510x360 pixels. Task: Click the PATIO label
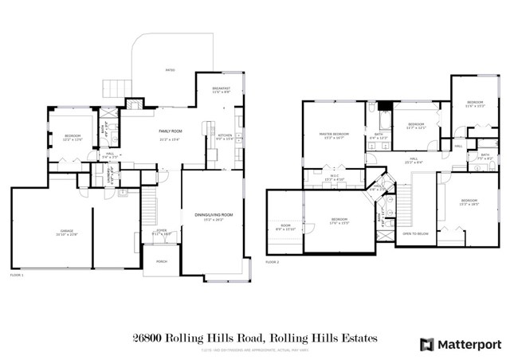pos(170,70)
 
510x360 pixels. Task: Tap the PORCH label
pos(162,262)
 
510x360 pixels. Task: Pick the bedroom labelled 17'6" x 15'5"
pos(339,221)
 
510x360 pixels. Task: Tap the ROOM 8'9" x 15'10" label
pos(285,227)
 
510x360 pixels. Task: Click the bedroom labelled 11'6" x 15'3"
pos(475,104)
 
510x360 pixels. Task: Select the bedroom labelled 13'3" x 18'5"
pos(468,202)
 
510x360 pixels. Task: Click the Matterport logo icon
pos(427,344)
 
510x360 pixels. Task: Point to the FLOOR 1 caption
pos(17,275)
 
